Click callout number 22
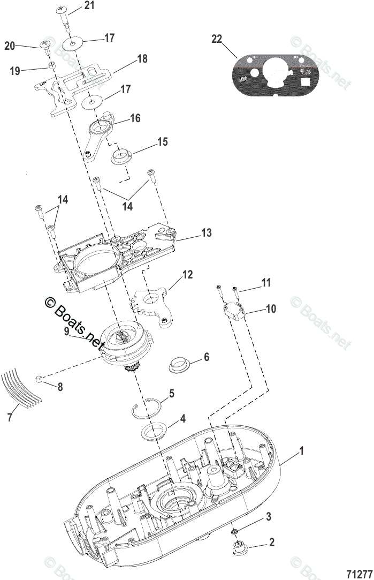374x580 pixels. coord(216,39)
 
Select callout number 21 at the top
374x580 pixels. coord(89,6)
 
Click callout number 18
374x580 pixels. coord(142,59)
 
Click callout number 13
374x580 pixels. coord(206,233)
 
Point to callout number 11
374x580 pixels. coord(266,282)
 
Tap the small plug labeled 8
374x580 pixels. coord(39,379)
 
